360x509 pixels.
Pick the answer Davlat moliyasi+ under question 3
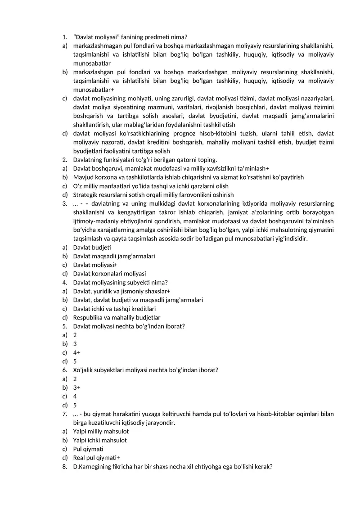[95, 265]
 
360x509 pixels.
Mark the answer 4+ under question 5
[76, 353]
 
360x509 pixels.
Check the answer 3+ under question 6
[76, 388]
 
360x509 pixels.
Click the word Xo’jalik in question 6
[84, 370]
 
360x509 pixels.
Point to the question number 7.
[65, 414]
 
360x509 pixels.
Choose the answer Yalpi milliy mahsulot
[101, 432]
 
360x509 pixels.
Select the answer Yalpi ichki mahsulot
[100, 441]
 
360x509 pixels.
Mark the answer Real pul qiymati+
[94, 458]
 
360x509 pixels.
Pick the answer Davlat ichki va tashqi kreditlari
[114, 309]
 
